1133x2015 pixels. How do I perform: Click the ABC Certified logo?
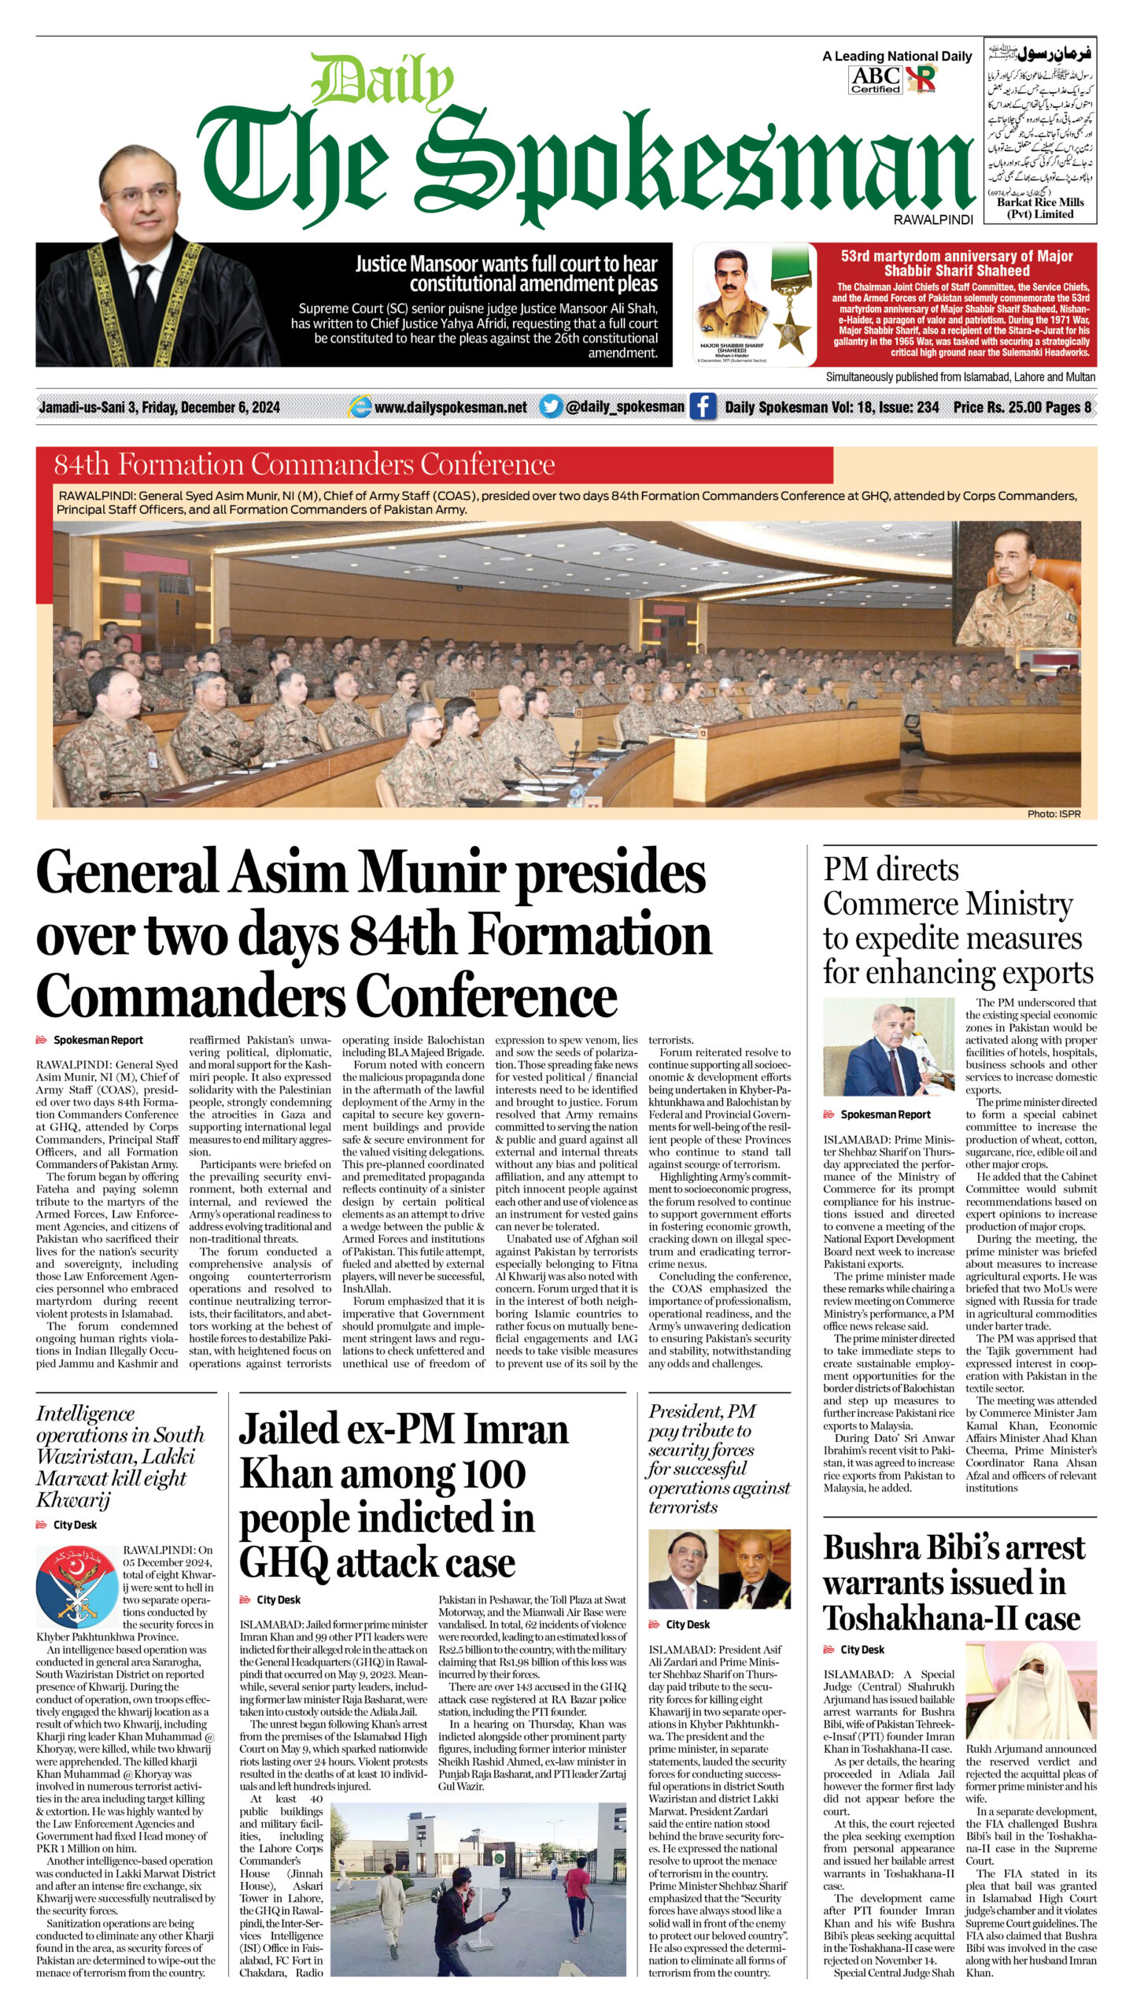[x=875, y=79]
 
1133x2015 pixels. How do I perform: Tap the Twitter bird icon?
[x=551, y=406]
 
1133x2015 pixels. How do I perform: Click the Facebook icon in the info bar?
[x=703, y=407]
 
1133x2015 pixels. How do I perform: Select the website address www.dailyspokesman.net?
[x=450, y=407]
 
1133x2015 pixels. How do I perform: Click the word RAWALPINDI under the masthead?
[x=933, y=220]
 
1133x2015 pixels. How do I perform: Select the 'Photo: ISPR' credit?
[x=1054, y=813]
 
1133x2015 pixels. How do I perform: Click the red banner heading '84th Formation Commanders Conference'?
[x=304, y=464]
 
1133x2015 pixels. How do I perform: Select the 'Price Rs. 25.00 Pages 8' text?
[x=1021, y=407]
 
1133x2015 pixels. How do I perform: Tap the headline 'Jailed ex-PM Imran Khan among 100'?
[x=403, y=1495]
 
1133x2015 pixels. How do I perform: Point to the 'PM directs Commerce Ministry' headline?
[x=958, y=921]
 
